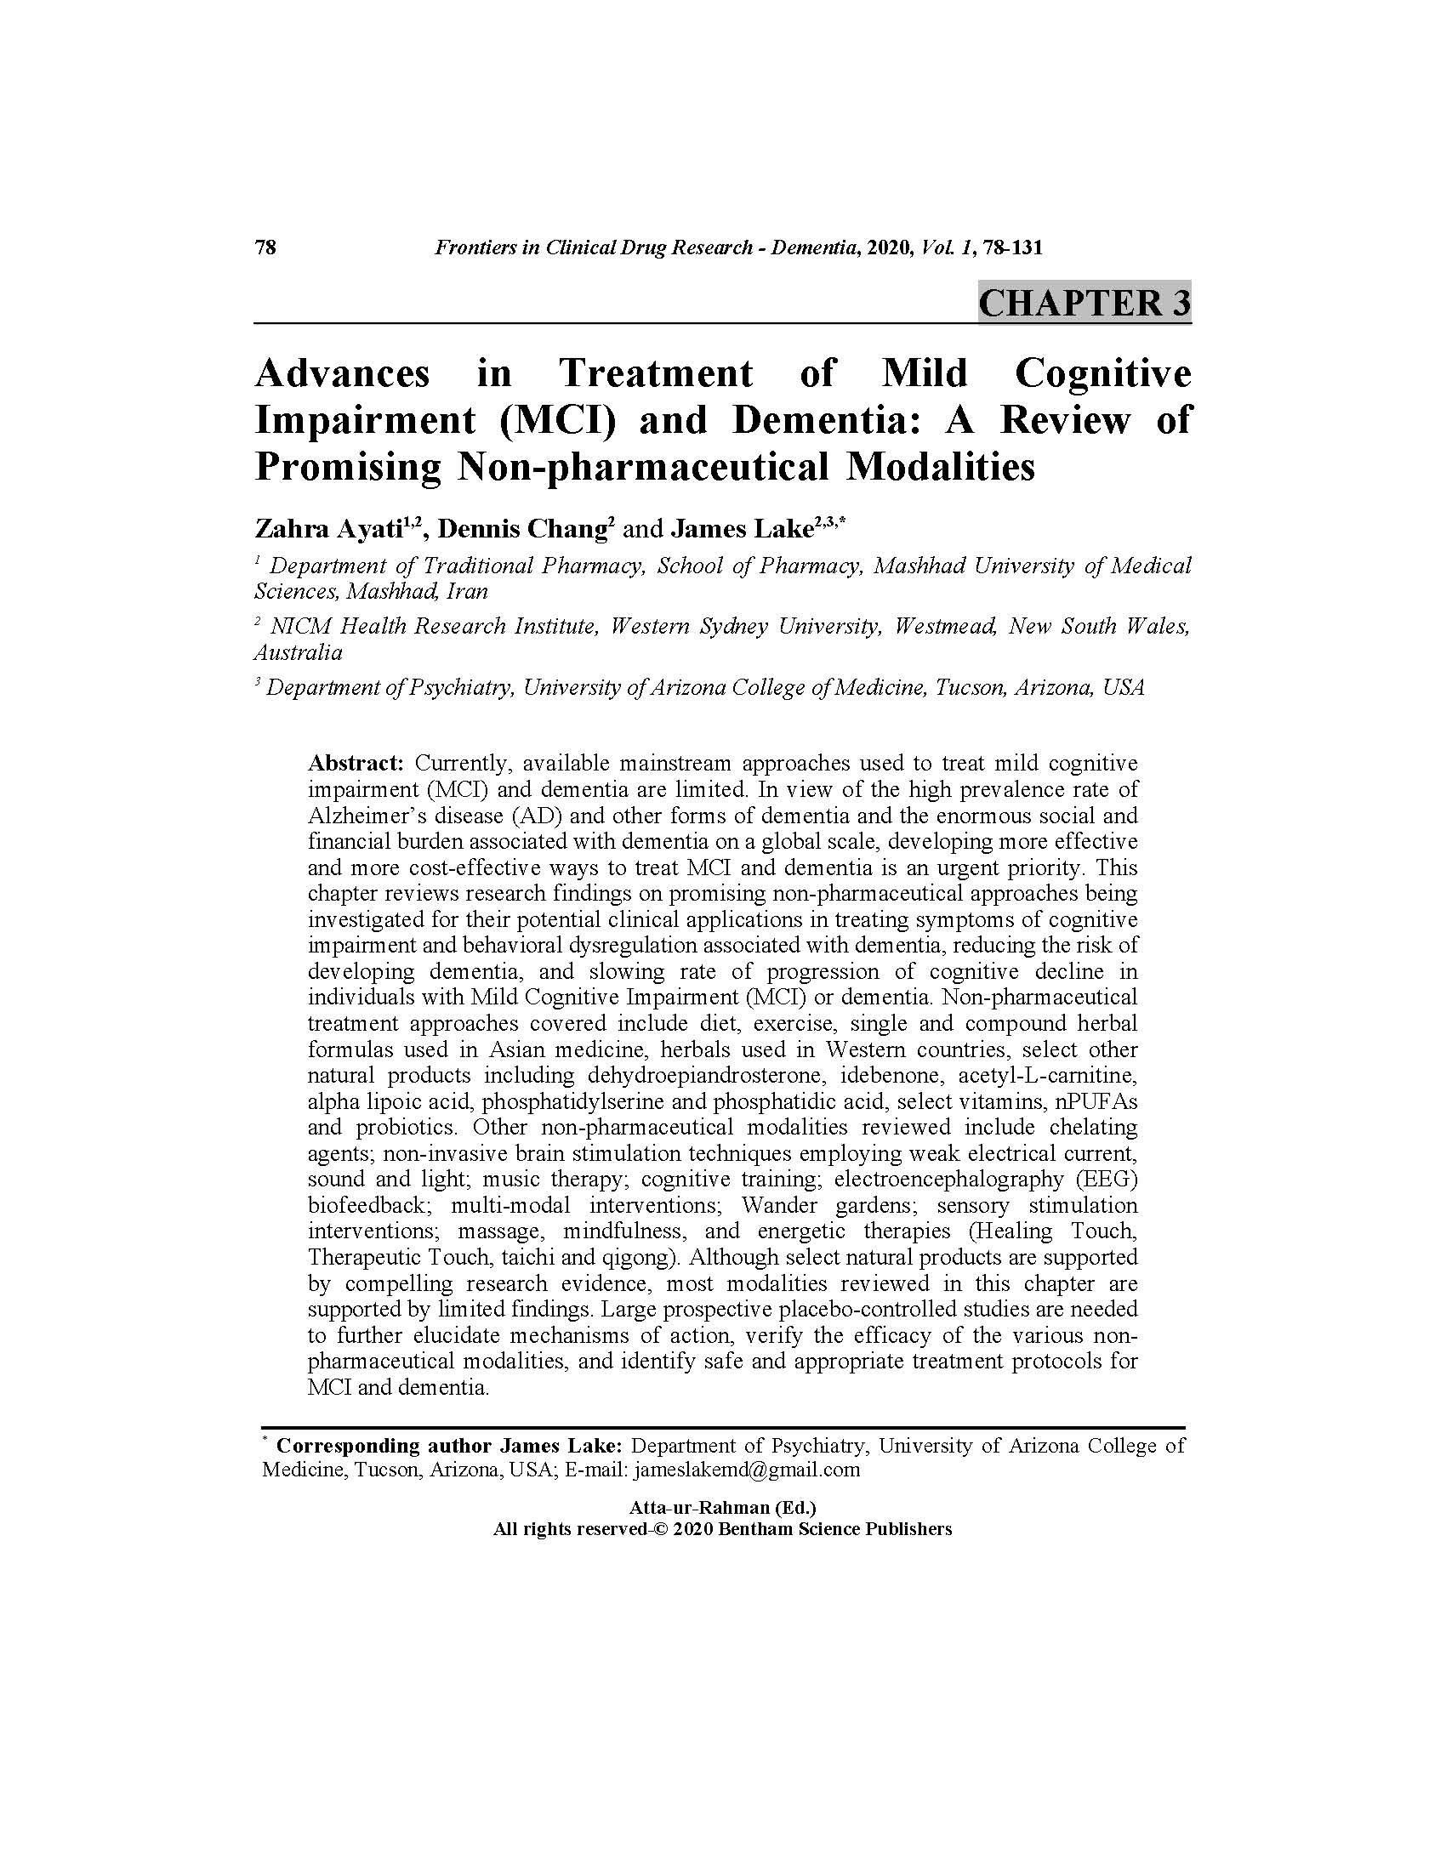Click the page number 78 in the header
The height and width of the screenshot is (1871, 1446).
click(265, 248)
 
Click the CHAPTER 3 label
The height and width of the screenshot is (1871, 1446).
click(1084, 304)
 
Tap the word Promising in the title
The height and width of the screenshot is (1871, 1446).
click(348, 468)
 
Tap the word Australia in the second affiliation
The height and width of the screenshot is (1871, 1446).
click(298, 652)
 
